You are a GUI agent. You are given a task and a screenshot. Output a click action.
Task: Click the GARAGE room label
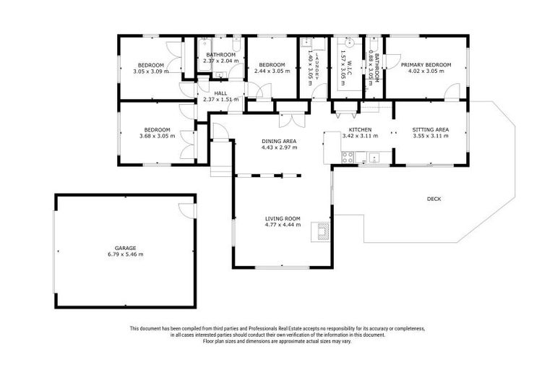click(x=125, y=248)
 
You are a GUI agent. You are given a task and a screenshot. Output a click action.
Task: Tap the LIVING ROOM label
click(x=283, y=218)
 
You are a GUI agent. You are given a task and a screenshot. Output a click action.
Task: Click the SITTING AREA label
click(x=431, y=129)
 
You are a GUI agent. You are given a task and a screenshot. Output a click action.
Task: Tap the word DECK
click(x=434, y=199)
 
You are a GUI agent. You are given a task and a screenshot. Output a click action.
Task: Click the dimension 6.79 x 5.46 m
click(x=125, y=254)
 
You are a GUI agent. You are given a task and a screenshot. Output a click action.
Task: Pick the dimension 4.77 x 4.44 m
click(x=283, y=225)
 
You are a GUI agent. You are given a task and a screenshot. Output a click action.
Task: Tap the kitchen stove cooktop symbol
click(x=348, y=156)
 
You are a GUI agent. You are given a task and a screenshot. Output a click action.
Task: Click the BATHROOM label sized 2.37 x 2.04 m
click(x=220, y=55)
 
